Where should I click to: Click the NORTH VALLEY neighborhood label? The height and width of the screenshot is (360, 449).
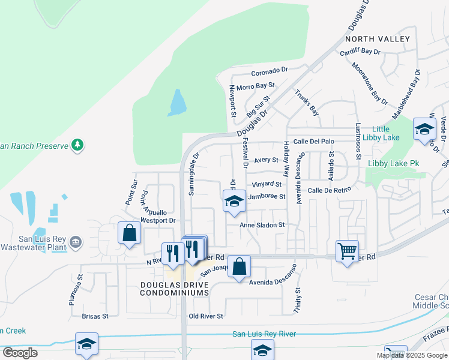coord(378,39)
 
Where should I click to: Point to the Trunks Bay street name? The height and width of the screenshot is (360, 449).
coord(306,101)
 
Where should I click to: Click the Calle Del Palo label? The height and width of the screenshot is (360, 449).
coord(313,142)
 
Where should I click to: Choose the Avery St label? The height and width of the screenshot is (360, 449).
coord(266,160)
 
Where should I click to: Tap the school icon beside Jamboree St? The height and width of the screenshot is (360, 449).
coord(234,201)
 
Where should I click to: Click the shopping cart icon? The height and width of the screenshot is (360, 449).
coord(347,251)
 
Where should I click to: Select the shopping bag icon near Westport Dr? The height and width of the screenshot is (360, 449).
coord(129,233)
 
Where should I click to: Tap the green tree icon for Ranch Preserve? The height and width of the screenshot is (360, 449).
coord(77,145)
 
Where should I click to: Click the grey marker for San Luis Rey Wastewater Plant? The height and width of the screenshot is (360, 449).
coord(76,242)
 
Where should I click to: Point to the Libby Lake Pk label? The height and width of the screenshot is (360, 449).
coord(393,163)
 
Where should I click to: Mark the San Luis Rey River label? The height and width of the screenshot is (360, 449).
coord(264,334)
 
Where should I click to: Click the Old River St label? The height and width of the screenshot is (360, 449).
coord(206,316)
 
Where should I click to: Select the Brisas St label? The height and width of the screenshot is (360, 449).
coord(95,316)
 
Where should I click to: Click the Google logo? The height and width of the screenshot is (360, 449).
coord(20,352)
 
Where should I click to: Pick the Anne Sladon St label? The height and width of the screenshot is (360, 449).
coord(261,225)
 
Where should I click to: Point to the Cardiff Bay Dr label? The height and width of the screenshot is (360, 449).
coord(360,52)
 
